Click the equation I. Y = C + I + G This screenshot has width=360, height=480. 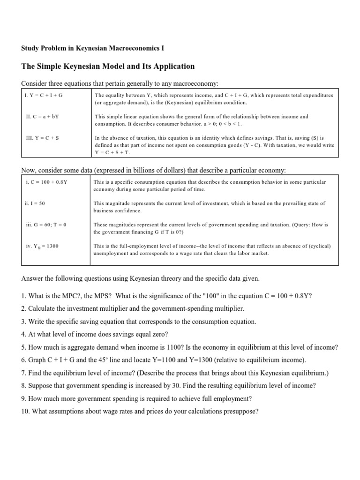coord(44,95)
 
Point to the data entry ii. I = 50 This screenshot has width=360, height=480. coord(35,203)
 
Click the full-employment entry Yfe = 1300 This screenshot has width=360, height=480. coord(43,246)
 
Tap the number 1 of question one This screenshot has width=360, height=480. coord(23,296)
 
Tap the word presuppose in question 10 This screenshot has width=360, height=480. coord(240,412)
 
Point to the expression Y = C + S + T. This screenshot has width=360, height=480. coord(112,153)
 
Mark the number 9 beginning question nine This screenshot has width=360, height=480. coord(23,399)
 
